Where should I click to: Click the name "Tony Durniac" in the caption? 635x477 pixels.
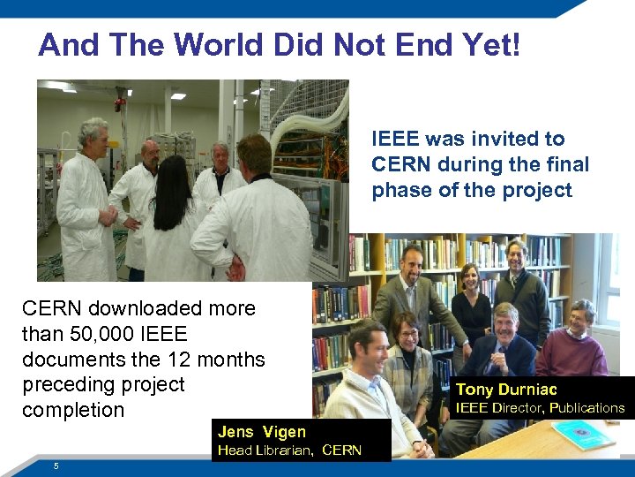[x=506, y=390]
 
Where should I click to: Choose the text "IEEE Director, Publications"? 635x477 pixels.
[x=539, y=408]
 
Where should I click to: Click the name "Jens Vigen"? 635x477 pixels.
[x=262, y=432]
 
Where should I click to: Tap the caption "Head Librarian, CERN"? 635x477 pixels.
[x=289, y=450]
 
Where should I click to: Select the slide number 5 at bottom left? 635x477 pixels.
[x=56, y=466]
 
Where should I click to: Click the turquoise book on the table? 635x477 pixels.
[x=583, y=434]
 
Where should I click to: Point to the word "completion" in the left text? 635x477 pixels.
[x=73, y=410]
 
